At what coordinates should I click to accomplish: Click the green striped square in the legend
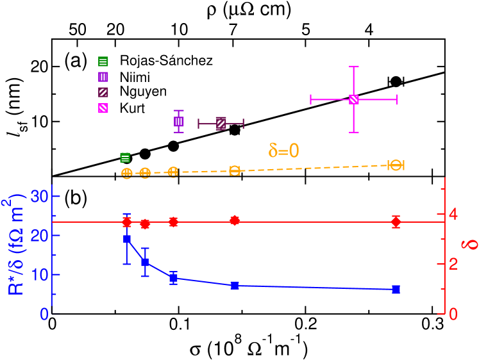pos(103,61)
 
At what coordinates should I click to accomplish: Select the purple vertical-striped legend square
pos(103,77)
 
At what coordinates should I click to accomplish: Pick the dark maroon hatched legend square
pos(103,92)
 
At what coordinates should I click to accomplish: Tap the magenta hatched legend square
pos(103,108)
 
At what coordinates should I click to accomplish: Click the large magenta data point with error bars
pos(353,99)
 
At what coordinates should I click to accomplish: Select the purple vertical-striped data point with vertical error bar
pos(179,121)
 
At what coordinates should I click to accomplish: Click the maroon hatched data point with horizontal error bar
pos(221,124)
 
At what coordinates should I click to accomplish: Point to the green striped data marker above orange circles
pos(125,158)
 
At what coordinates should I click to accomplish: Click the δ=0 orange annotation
pos(283,151)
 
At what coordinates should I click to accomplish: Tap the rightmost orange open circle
pos(396,165)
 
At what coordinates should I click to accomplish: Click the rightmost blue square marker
pos(396,290)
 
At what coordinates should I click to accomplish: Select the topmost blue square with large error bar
pos(127,239)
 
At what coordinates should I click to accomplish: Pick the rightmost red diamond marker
pos(396,222)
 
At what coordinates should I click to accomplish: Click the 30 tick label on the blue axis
pos(40,197)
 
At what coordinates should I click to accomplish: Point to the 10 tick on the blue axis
pos(40,275)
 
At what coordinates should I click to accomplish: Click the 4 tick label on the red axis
pos(453,214)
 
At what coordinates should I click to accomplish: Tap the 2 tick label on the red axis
pos(453,264)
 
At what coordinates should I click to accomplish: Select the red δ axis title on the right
pos(471,245)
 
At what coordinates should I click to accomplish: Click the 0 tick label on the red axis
pos(453,314)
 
